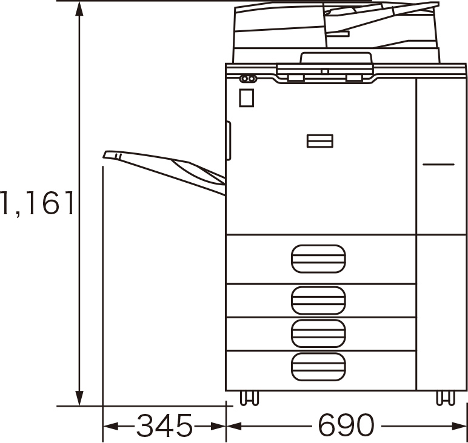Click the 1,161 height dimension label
[x=37, y=203]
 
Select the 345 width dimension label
[x=164, y=425]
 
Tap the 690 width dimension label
[x=346, y=425]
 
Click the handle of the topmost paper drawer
[x=318, y=258]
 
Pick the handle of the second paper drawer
[x=318, y=300]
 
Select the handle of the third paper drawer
[x=318, y=333]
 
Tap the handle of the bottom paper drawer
[x=318, y=367]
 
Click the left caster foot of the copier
[x=249, y=398]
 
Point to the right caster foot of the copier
[x=446, y=398]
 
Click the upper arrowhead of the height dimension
[x=79, y=9]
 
